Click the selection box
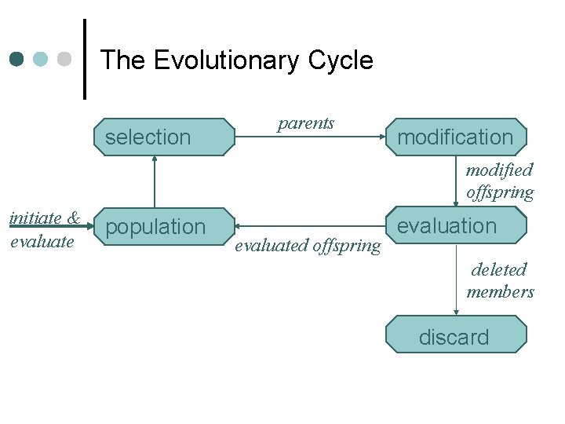(x=164, y=137)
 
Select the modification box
(x=455, y=137)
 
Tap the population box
(x=164, y=227)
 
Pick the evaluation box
(x=455, y=225)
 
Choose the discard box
(x=455, y=337)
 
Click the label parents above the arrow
(x=306, y=123)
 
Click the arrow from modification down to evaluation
(x=456, y=181)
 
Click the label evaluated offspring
(x=308, y=246)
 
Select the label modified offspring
(x=500, y=181)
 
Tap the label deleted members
(x=500, y=280)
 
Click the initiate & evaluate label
(x=44, y=229)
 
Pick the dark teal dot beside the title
(x=17, y=60)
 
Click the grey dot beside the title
(x=65, y=60)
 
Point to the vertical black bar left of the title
(x=85, y=60)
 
